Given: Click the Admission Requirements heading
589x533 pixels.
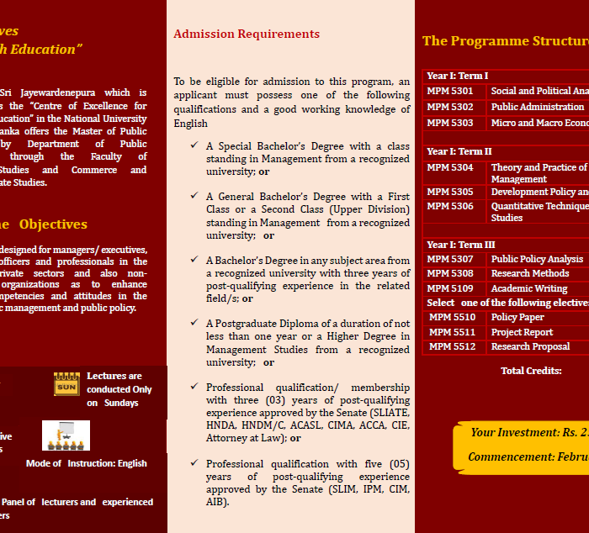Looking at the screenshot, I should pos(247,34).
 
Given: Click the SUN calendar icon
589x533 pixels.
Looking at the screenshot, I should pos(66,384).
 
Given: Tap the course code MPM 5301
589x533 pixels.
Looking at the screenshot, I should pos(450,91).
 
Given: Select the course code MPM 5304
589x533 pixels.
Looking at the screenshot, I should pos(450,167).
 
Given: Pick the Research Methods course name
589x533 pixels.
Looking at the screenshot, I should pos(530,273).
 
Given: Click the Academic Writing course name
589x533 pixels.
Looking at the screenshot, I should pos(529,288).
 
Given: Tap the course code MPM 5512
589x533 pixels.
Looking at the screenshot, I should pos(452,346).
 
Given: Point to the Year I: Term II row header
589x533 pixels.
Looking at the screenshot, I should pos(459,151).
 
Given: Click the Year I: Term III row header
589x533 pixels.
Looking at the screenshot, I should pos(460,245).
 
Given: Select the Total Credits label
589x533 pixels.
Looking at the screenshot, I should pos(531,371).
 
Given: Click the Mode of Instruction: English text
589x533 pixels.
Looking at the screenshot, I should pos(87,463).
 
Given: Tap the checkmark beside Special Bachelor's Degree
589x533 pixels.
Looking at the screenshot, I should pos(194,145).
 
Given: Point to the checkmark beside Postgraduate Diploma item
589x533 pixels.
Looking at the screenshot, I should pos(194,323).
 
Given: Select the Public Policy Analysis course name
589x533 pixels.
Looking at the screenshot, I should pos(537,259).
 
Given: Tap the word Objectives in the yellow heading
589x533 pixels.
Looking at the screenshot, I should pos(53,224).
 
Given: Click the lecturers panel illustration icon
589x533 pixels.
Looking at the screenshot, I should pos(66,435).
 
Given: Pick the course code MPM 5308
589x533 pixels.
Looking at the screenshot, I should pos(450,273).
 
